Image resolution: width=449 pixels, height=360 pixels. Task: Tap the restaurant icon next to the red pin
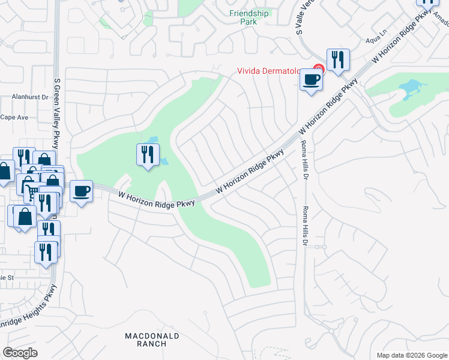338,59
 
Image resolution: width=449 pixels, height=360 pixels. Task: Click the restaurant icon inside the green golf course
147,155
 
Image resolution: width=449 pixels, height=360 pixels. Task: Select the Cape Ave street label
14,118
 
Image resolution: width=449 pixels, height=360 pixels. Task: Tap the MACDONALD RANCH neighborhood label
145,339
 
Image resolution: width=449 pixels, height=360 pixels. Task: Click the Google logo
20,353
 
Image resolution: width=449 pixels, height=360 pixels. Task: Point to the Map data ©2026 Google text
411,355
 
